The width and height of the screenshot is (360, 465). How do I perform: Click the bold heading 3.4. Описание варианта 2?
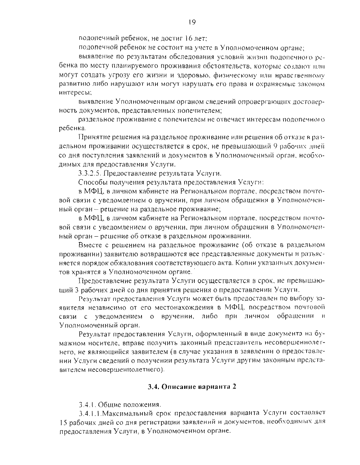pyautogui.click(x=192, y=387)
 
